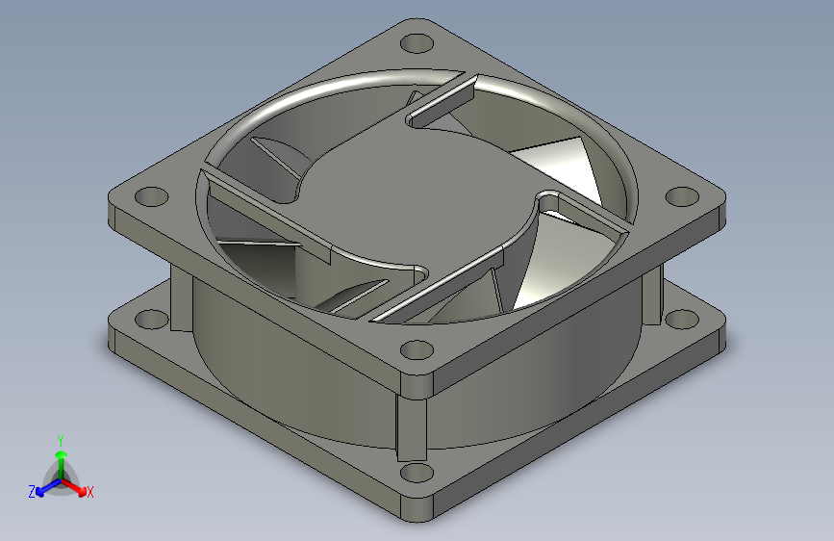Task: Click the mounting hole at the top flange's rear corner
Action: click(416, 44)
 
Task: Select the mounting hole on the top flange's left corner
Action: click(150, 196)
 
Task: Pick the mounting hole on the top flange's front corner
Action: click(416, 349)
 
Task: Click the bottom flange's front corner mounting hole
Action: click(416, 473)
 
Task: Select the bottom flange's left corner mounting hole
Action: click(150, 318)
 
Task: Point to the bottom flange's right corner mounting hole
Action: click(681, 318)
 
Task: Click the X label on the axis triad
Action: click(89, 492)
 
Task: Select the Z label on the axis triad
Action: click(32, 492)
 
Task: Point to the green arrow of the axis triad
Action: click(60, 456)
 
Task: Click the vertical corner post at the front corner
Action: click(412, 424)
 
